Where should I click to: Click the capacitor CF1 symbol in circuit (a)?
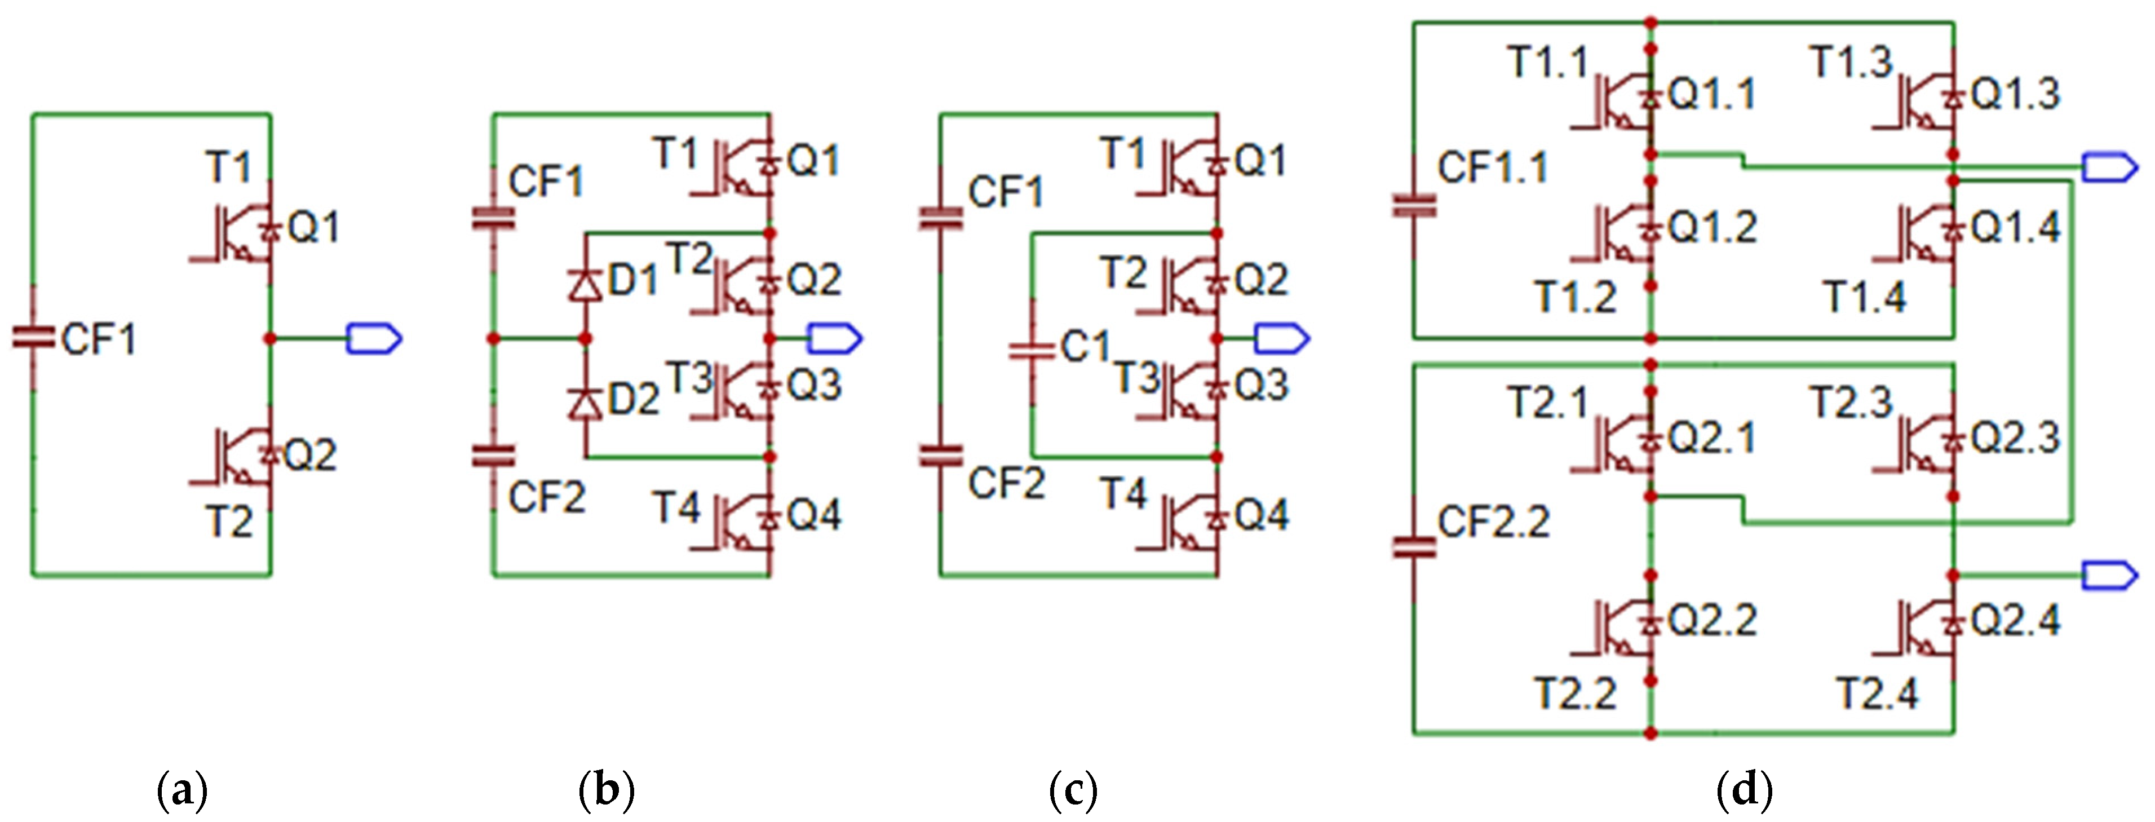click(x=33, y=338)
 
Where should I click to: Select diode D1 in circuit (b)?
click(x=586, y=285)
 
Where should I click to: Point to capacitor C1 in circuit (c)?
click(x=1032, y=350)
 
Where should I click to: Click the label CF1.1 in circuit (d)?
click(x=1493, y=167)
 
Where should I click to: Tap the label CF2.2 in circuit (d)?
click(x=1493, y=522)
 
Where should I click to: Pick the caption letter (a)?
click(x=183, y=789)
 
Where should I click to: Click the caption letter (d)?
click(x=1744, y=789)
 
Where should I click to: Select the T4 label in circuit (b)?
click(x=676, y=507)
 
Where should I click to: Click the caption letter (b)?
click(x=607, y=789)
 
